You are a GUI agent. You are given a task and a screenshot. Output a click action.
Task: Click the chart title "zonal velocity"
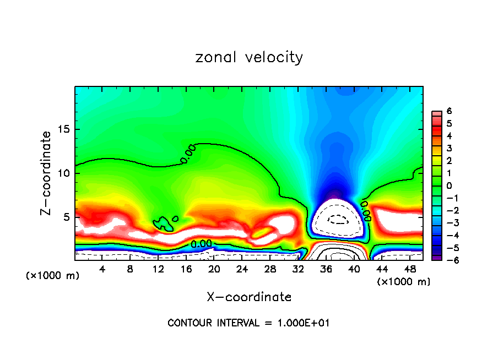coord(249,57)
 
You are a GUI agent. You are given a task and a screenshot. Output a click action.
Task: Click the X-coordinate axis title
coord(249,297)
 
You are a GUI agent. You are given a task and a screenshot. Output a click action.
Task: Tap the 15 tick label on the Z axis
coord(64,129)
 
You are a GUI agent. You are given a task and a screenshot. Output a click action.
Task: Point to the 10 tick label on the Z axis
coord(64,173)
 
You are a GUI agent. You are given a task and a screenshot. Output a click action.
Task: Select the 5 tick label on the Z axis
coord(67,217)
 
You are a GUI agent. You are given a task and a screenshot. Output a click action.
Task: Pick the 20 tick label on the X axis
coord(214,269)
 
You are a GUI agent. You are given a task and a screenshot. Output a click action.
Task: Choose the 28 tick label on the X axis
coord(270,269)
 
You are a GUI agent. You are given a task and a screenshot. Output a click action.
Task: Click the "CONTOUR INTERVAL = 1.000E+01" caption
coord(248,323)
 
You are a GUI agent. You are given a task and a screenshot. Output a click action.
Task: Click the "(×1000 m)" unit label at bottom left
coord(53,276)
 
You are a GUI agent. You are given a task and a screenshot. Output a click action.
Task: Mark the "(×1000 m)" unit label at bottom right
coord(404,282)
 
